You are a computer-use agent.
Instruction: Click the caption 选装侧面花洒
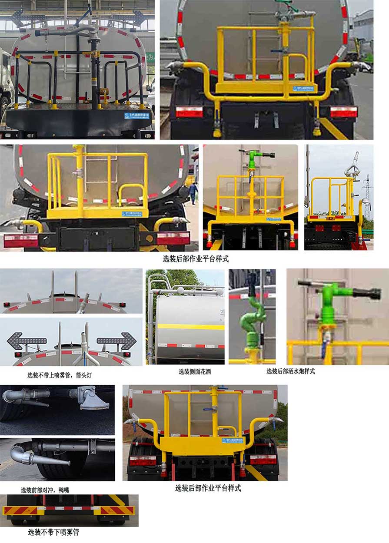[x=195, y=371]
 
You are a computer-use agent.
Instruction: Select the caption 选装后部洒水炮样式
[x=290, y=371]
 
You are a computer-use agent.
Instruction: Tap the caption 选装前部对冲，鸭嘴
[x=45, y=490]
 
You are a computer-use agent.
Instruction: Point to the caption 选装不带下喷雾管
[x=53, y=532]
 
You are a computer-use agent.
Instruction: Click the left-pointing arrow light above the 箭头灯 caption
[x=26, y=340]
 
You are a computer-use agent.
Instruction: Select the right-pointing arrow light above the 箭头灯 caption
[x=117, y=340]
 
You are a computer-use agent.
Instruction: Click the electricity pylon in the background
[x=367, y=195]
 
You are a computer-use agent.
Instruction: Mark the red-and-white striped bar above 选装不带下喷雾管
[x=70, y=508]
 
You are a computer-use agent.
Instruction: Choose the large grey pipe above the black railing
[x=65, y=31]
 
